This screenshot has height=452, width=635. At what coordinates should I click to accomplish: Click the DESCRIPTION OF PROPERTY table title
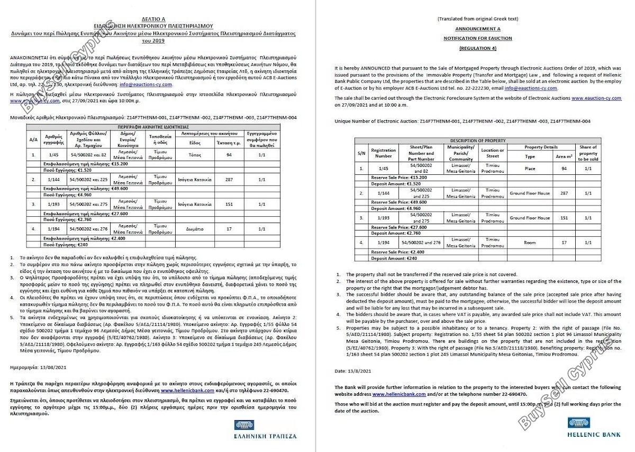click(x=478, y=140)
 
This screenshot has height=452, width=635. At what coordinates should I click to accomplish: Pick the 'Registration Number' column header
click(x=384, y=153)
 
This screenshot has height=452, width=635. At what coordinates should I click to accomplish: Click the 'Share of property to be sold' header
click(x=588, y=153)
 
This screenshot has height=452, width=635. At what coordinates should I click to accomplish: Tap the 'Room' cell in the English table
click(x=530, y=242)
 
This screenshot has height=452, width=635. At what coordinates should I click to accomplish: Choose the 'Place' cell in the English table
click(x=530, y=169)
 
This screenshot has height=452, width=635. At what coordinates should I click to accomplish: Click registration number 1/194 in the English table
click(x=384, y=242)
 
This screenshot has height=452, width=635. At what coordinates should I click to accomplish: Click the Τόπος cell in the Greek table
click(x=195, y=155)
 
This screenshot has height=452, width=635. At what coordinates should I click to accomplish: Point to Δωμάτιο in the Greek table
click(x=195, y=229)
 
